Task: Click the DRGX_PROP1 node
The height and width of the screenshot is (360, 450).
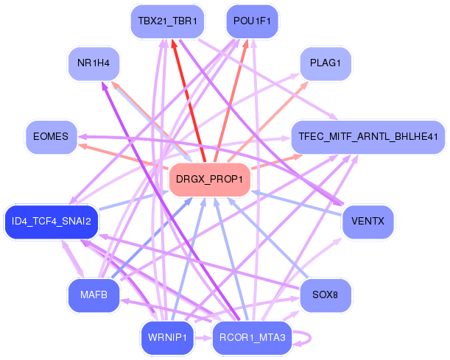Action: point(210,180)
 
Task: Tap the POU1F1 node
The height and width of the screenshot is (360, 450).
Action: point(252,21)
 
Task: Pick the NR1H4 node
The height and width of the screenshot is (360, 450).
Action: point(93,63)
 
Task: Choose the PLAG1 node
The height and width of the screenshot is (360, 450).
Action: point(325,63)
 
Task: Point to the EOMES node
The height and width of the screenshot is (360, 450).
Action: point(51,136)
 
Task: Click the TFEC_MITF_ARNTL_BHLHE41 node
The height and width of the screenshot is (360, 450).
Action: point(368,136)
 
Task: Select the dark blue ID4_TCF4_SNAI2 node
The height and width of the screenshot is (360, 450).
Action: point(51,222)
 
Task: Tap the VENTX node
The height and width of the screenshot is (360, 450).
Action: point(368,222)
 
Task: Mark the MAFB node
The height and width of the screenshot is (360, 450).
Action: point(93,295)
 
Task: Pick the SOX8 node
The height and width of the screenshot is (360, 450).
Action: point(325,295)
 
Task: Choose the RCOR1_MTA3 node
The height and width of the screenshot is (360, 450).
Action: point(252,337)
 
